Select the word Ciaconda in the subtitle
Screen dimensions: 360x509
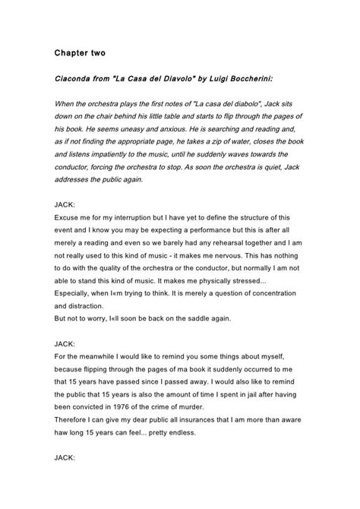coord(74,79)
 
